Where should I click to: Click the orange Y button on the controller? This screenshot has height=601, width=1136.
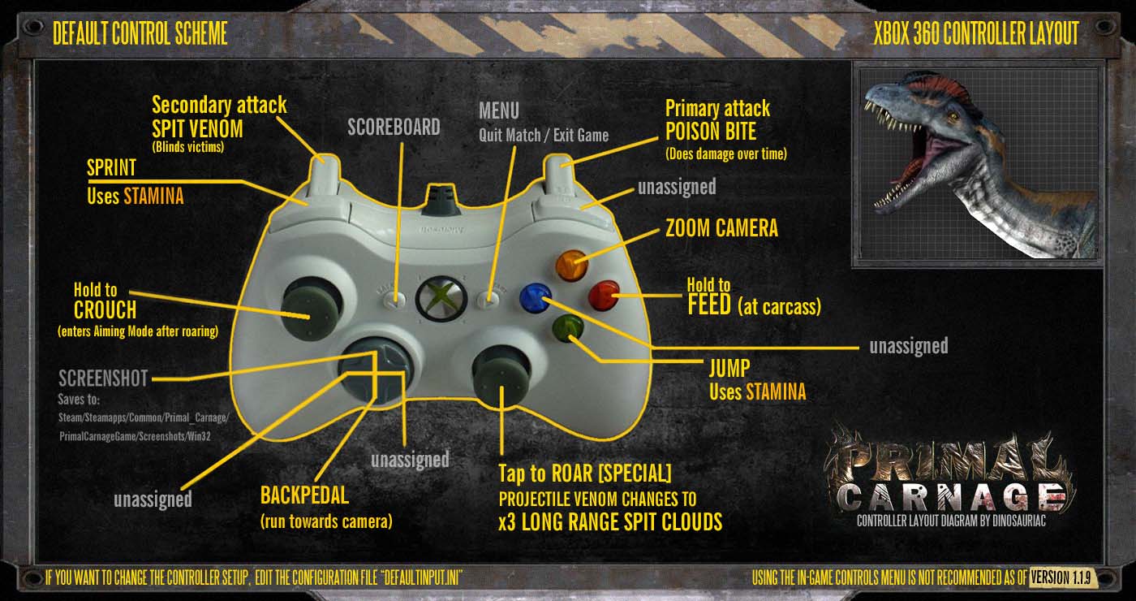point(571,263)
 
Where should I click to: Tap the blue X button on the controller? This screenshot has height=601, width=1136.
point(536,297)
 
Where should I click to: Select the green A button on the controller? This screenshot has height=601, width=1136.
point(567,328)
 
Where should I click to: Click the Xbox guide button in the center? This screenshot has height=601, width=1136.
point(441,299)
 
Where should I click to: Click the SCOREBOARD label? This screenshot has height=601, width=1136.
point(394,127)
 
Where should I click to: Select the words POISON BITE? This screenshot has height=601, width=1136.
point(711,132)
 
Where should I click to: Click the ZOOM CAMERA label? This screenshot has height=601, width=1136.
point(721,228)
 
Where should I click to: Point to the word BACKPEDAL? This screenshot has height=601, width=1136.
point(304,495)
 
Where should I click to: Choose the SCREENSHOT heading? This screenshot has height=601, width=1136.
point(103,378)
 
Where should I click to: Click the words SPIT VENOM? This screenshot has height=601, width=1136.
point(197,129)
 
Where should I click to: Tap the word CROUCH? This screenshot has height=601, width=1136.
point(105,309)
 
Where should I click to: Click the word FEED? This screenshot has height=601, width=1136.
point(709,305)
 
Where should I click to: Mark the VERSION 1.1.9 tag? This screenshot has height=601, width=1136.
point(1061,577)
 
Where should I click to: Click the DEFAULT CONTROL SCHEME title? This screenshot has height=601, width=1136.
point(140,33)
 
